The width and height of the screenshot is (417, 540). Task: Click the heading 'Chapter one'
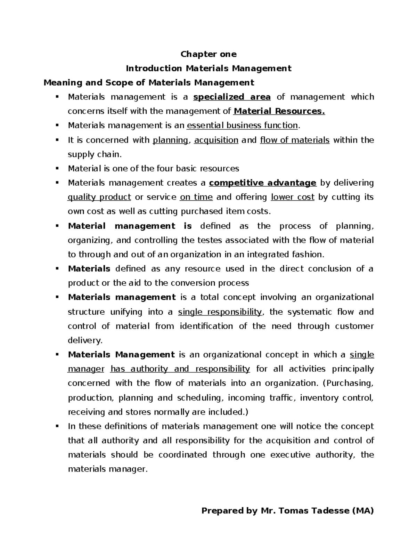click(x=208, y=54)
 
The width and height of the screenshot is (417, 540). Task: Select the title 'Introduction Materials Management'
click(x=208, y=68)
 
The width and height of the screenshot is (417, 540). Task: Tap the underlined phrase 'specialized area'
click(x=232, y=97)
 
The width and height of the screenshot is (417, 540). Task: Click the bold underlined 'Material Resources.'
click(x=279, y=111)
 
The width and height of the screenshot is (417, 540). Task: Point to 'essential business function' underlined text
click(x=242, y=126)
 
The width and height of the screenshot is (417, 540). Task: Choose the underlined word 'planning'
click(x=170, y=140)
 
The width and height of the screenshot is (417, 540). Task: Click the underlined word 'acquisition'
click(x=216, y=140)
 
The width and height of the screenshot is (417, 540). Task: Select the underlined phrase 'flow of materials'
click(x=295, y=140)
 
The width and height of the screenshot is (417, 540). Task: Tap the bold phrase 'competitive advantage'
click(x=263, y=183)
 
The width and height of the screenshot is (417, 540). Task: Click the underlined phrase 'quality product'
click(x=99, y=197)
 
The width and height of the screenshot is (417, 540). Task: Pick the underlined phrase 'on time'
click(x=196, y=197)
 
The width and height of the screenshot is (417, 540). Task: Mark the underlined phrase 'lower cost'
click(x=292, y=197)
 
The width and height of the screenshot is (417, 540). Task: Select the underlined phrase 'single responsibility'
click(x=220, y=312)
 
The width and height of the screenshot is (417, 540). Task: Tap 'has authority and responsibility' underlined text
click(x=180, y=369)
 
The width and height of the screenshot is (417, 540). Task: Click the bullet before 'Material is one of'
click(x=57, y=169)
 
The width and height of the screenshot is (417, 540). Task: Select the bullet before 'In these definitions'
click(x=57, y=426)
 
